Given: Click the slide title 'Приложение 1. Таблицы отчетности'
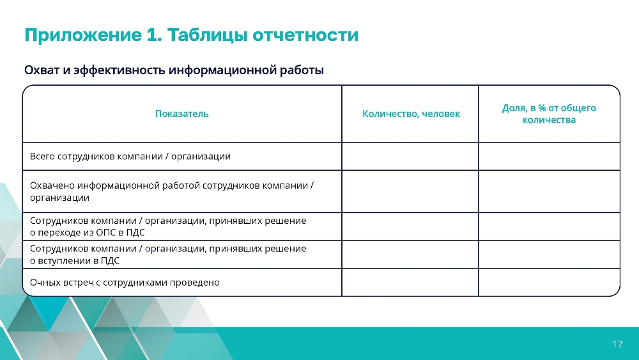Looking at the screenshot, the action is [192, 35].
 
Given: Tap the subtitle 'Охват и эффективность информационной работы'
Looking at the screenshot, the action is [174, 70].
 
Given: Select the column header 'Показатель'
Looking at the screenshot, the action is [181, 114].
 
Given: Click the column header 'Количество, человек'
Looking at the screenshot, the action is [411, 114].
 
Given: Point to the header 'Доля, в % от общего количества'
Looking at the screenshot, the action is [549, 114].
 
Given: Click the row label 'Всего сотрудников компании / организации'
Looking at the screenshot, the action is [130, 157].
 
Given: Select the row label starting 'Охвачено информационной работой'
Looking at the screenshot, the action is [171, 191].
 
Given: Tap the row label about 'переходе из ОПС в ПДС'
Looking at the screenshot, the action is [168, 226].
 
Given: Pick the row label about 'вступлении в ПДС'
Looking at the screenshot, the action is [168, 254].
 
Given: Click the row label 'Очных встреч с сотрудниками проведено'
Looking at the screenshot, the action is [125, 283].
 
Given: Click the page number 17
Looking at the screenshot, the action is [617, 344].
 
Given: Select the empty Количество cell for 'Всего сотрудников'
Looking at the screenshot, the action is [410, 156].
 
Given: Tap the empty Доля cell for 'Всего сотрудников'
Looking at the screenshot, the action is [549, 156].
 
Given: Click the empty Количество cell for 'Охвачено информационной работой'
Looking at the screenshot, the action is [410, 191].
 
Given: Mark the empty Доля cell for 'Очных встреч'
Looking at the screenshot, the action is [549, 282].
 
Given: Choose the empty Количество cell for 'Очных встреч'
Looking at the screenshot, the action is [410, 282].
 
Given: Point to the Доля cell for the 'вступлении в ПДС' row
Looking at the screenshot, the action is [549, 254].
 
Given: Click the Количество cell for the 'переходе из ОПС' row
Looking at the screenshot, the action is [410, 226].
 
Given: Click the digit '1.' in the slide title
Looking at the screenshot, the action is [153, 35].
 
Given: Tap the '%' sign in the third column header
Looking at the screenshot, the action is [542, 108].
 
